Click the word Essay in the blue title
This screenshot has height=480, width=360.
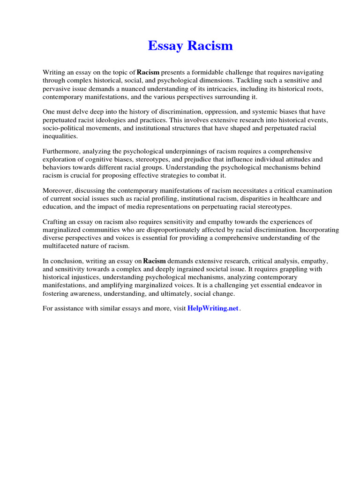[163, 46]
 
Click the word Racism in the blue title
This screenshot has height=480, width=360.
[210, 46]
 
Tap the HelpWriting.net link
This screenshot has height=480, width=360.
[213, 308]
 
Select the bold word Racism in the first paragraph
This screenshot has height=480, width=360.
[148, 73]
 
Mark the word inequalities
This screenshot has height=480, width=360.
[61, 136]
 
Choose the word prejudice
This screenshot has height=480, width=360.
[185, 159]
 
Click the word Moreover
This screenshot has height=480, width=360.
[59, 191]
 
